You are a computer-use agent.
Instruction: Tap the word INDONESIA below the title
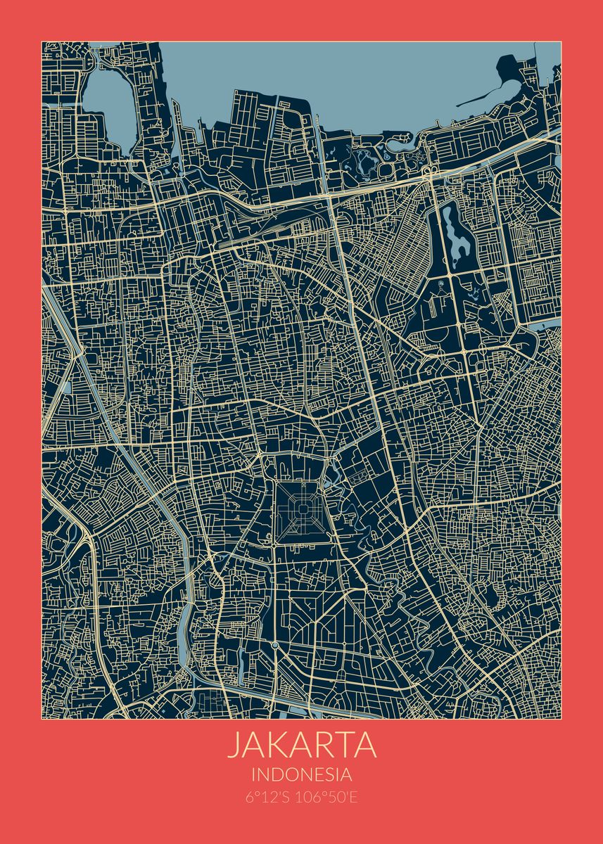pyautogui.click(x=301, y=775)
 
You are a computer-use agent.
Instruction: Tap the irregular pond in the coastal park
pyautogui.click(x=367, y=162)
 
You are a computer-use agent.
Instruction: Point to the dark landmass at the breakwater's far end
pyautogui.click(x=510, y=67)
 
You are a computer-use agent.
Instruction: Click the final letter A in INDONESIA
pyautogui.click(x=345, y=775)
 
